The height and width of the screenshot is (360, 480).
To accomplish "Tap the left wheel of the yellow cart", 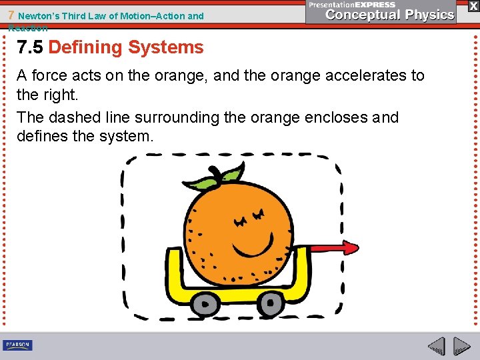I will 206,303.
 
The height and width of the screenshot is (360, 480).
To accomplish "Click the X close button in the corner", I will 473,5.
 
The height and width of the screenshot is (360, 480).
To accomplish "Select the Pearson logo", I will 17,345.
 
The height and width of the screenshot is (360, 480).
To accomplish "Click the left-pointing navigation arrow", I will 437,346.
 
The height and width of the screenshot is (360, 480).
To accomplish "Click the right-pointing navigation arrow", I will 461,346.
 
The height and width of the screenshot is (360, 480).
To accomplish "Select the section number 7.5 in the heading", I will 31,47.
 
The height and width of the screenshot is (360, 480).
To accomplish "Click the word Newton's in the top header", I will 38,15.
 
